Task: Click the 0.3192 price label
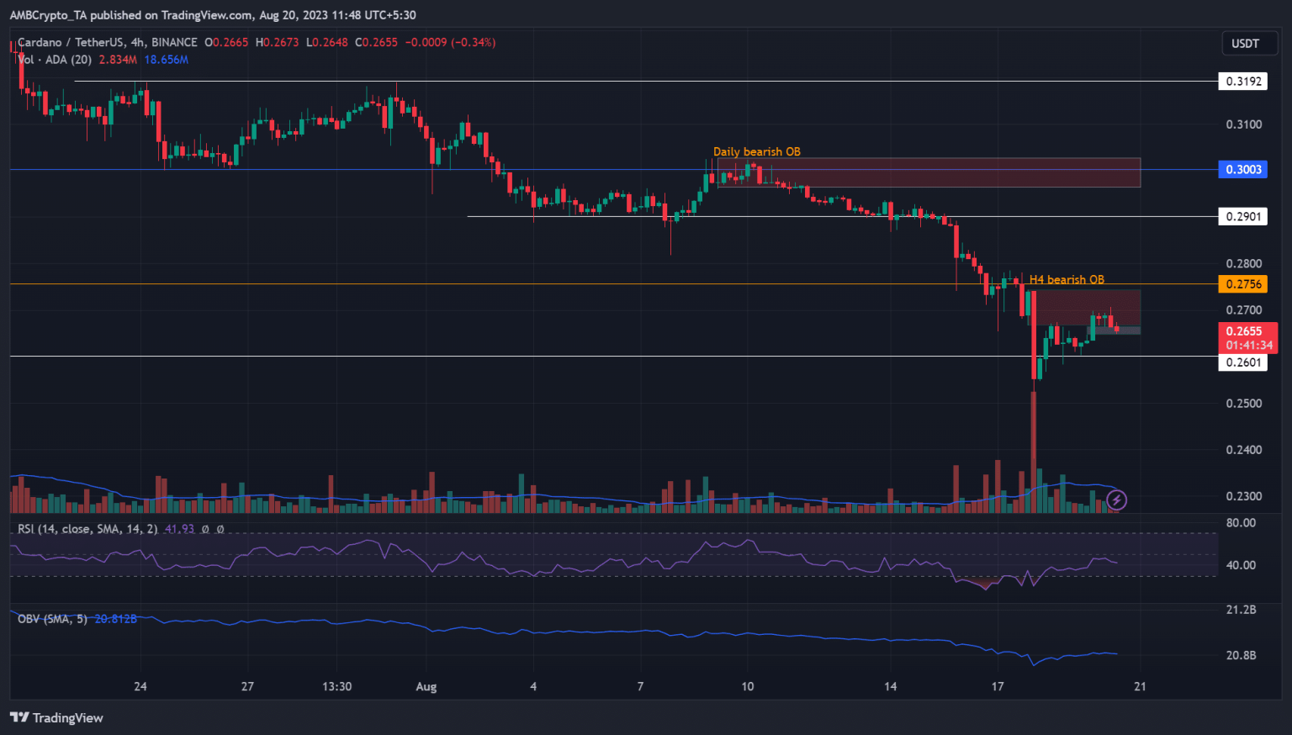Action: pyautogui.click(x=1242, y=82)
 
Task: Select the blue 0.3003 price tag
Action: pyautogui.click(x=1242, y=170)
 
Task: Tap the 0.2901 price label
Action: pyautogui.click(x=1242, y=217)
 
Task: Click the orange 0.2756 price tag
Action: pyautogui.click(x=1242, y=284)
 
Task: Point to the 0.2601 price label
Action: pyautogui.click(x=1242, y=362)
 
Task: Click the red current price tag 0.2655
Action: pyautogui.click(x=1247, y=332)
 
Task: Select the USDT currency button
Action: pyautogui.click(x=1245, y=44)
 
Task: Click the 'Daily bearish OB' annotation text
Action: pyautogui.click(x=756, y=152)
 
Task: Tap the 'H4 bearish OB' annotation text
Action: pyautogui.click(x=1067, y=280)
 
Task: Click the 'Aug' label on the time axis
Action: pyautogui.click(x=426, y=687)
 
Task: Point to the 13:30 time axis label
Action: pyautogui.click(x=336, y=687)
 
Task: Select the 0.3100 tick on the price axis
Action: pyautogui.click(x=1243, y=124)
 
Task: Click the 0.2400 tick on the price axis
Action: pyautogui.click(x=1243, y=450)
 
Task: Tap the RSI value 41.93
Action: pyautogui.click(x=179, y=529)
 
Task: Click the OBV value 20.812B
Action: pyautogui.click(x=115, y=619)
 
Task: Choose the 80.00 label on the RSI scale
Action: pyautogui.click(x=1241, y=523)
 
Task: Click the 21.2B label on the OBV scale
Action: pyautogui.click(x=1241, y=610)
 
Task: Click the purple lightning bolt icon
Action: pyautogui.click(x=1116, y=500)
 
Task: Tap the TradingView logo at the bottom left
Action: pyautogui.click(x=56, y=718)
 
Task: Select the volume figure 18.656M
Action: pyautogui.click(x=166, y=60)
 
